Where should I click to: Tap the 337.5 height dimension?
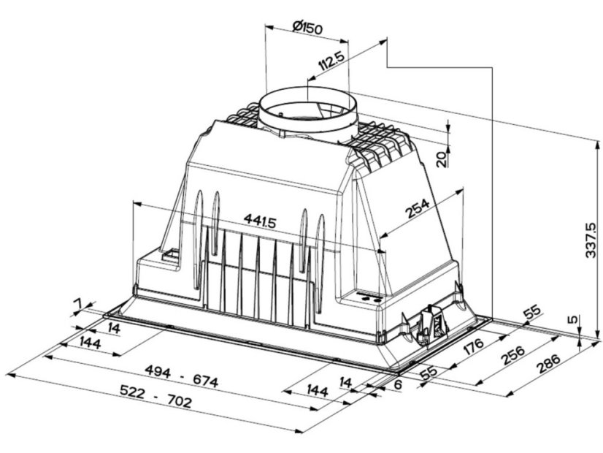592,240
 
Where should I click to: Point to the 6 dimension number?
398,384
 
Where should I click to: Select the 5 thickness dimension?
573,319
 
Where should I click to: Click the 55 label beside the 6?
429,372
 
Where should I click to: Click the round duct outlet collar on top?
307,113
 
